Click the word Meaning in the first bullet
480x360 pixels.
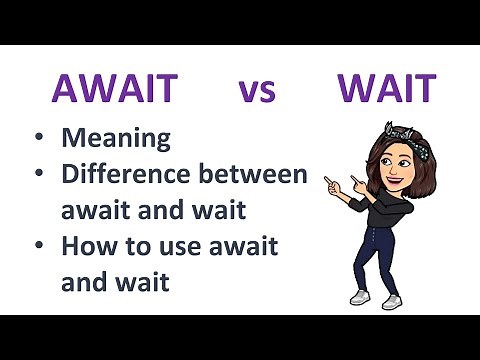(116, 137)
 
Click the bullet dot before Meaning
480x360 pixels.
(38, 138)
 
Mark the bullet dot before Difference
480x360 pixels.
(38, 175)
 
